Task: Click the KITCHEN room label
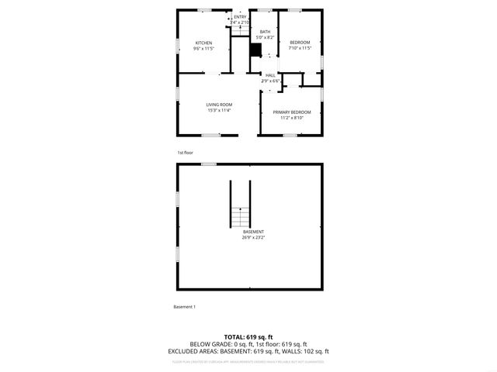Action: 203,43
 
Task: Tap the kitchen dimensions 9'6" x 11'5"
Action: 203,49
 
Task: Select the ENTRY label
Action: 240,16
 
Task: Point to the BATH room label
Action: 265,32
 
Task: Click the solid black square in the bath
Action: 255,50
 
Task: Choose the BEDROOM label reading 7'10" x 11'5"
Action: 300,42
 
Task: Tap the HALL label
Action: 270,75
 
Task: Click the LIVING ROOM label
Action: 219,105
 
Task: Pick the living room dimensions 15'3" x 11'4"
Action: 219,111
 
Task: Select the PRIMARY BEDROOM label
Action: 292,112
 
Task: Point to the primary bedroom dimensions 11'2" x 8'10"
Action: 292,119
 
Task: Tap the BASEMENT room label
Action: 253,232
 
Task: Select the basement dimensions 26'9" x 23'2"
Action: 253,238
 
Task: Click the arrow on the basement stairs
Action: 241,209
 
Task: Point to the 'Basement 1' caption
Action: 184,307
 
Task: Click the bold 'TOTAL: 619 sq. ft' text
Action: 249,337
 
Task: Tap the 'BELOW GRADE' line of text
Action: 249,344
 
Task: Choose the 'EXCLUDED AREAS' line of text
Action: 249,351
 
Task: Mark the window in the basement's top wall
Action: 208,164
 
